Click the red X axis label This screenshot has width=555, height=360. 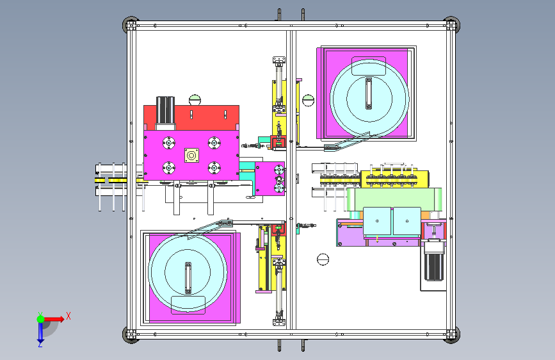tap(68, 316)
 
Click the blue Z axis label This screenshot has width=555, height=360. tap(40, 344)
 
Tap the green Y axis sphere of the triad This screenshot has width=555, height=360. tap(41, 319)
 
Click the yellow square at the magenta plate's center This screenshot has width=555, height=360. tap(191, 156)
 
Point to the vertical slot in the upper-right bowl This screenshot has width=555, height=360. tap(369, 94)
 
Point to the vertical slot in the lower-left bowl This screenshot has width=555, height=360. tap(188, 278)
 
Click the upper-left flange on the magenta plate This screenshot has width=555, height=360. tap(169, 143)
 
